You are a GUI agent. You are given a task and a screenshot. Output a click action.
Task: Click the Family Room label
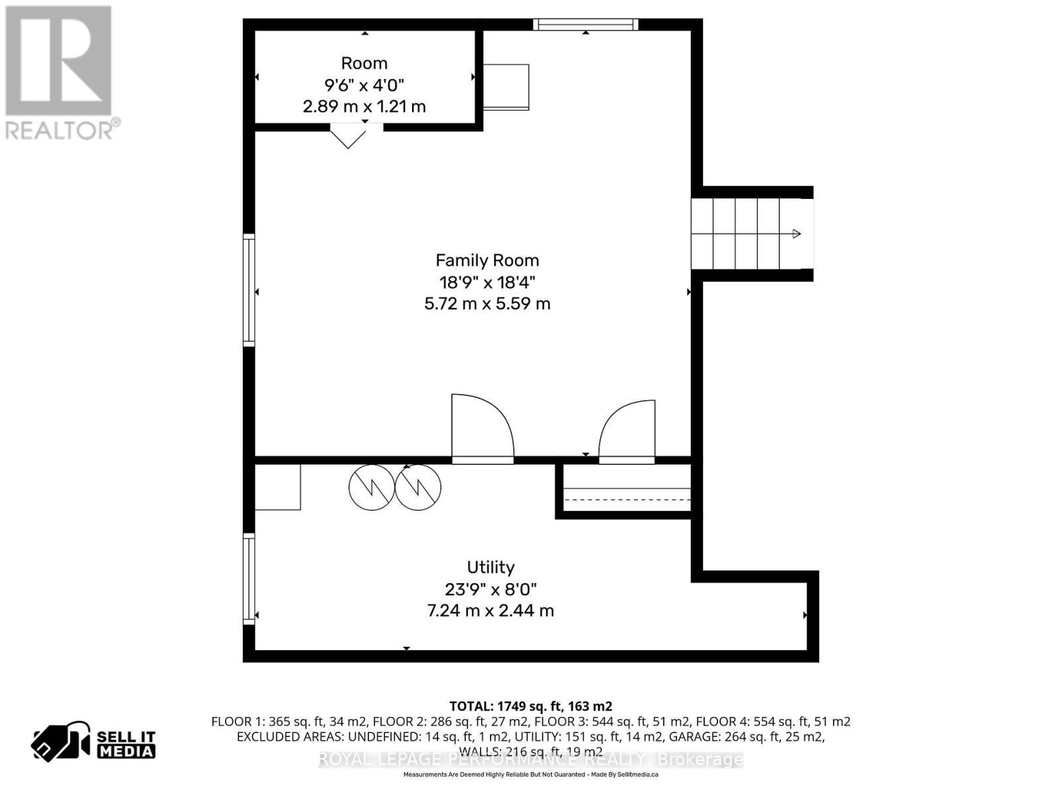[487, 260]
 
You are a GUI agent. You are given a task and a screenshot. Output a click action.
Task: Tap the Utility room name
[491, 567]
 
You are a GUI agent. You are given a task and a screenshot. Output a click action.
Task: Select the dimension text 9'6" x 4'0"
[364, 85]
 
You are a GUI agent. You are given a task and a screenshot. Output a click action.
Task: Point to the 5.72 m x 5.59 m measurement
[487, 304]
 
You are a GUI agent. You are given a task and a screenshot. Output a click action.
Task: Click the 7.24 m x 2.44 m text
[491, 610]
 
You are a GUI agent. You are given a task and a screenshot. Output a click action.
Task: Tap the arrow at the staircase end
[796, 233]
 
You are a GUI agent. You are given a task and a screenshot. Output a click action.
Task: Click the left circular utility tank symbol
[372, 488]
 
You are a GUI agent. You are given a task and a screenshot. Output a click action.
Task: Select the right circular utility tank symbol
[418, 488]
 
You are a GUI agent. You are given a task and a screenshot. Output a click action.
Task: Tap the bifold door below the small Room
[348, 137]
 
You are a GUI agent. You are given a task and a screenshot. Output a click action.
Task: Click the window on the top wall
[585, 25]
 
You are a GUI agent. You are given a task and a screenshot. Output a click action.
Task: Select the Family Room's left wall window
[249, 290]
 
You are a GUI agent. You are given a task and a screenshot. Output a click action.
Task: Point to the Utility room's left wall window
[249, 579]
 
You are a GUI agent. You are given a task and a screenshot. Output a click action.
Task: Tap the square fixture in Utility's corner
[277, 487]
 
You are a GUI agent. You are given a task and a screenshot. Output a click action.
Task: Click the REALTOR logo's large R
[58, 61]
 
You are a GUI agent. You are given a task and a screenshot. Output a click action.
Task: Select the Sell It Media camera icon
[60, 741]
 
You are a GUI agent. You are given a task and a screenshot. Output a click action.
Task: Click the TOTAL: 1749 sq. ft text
[530, 706]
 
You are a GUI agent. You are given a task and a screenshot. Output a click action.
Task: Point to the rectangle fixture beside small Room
[506, 87]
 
